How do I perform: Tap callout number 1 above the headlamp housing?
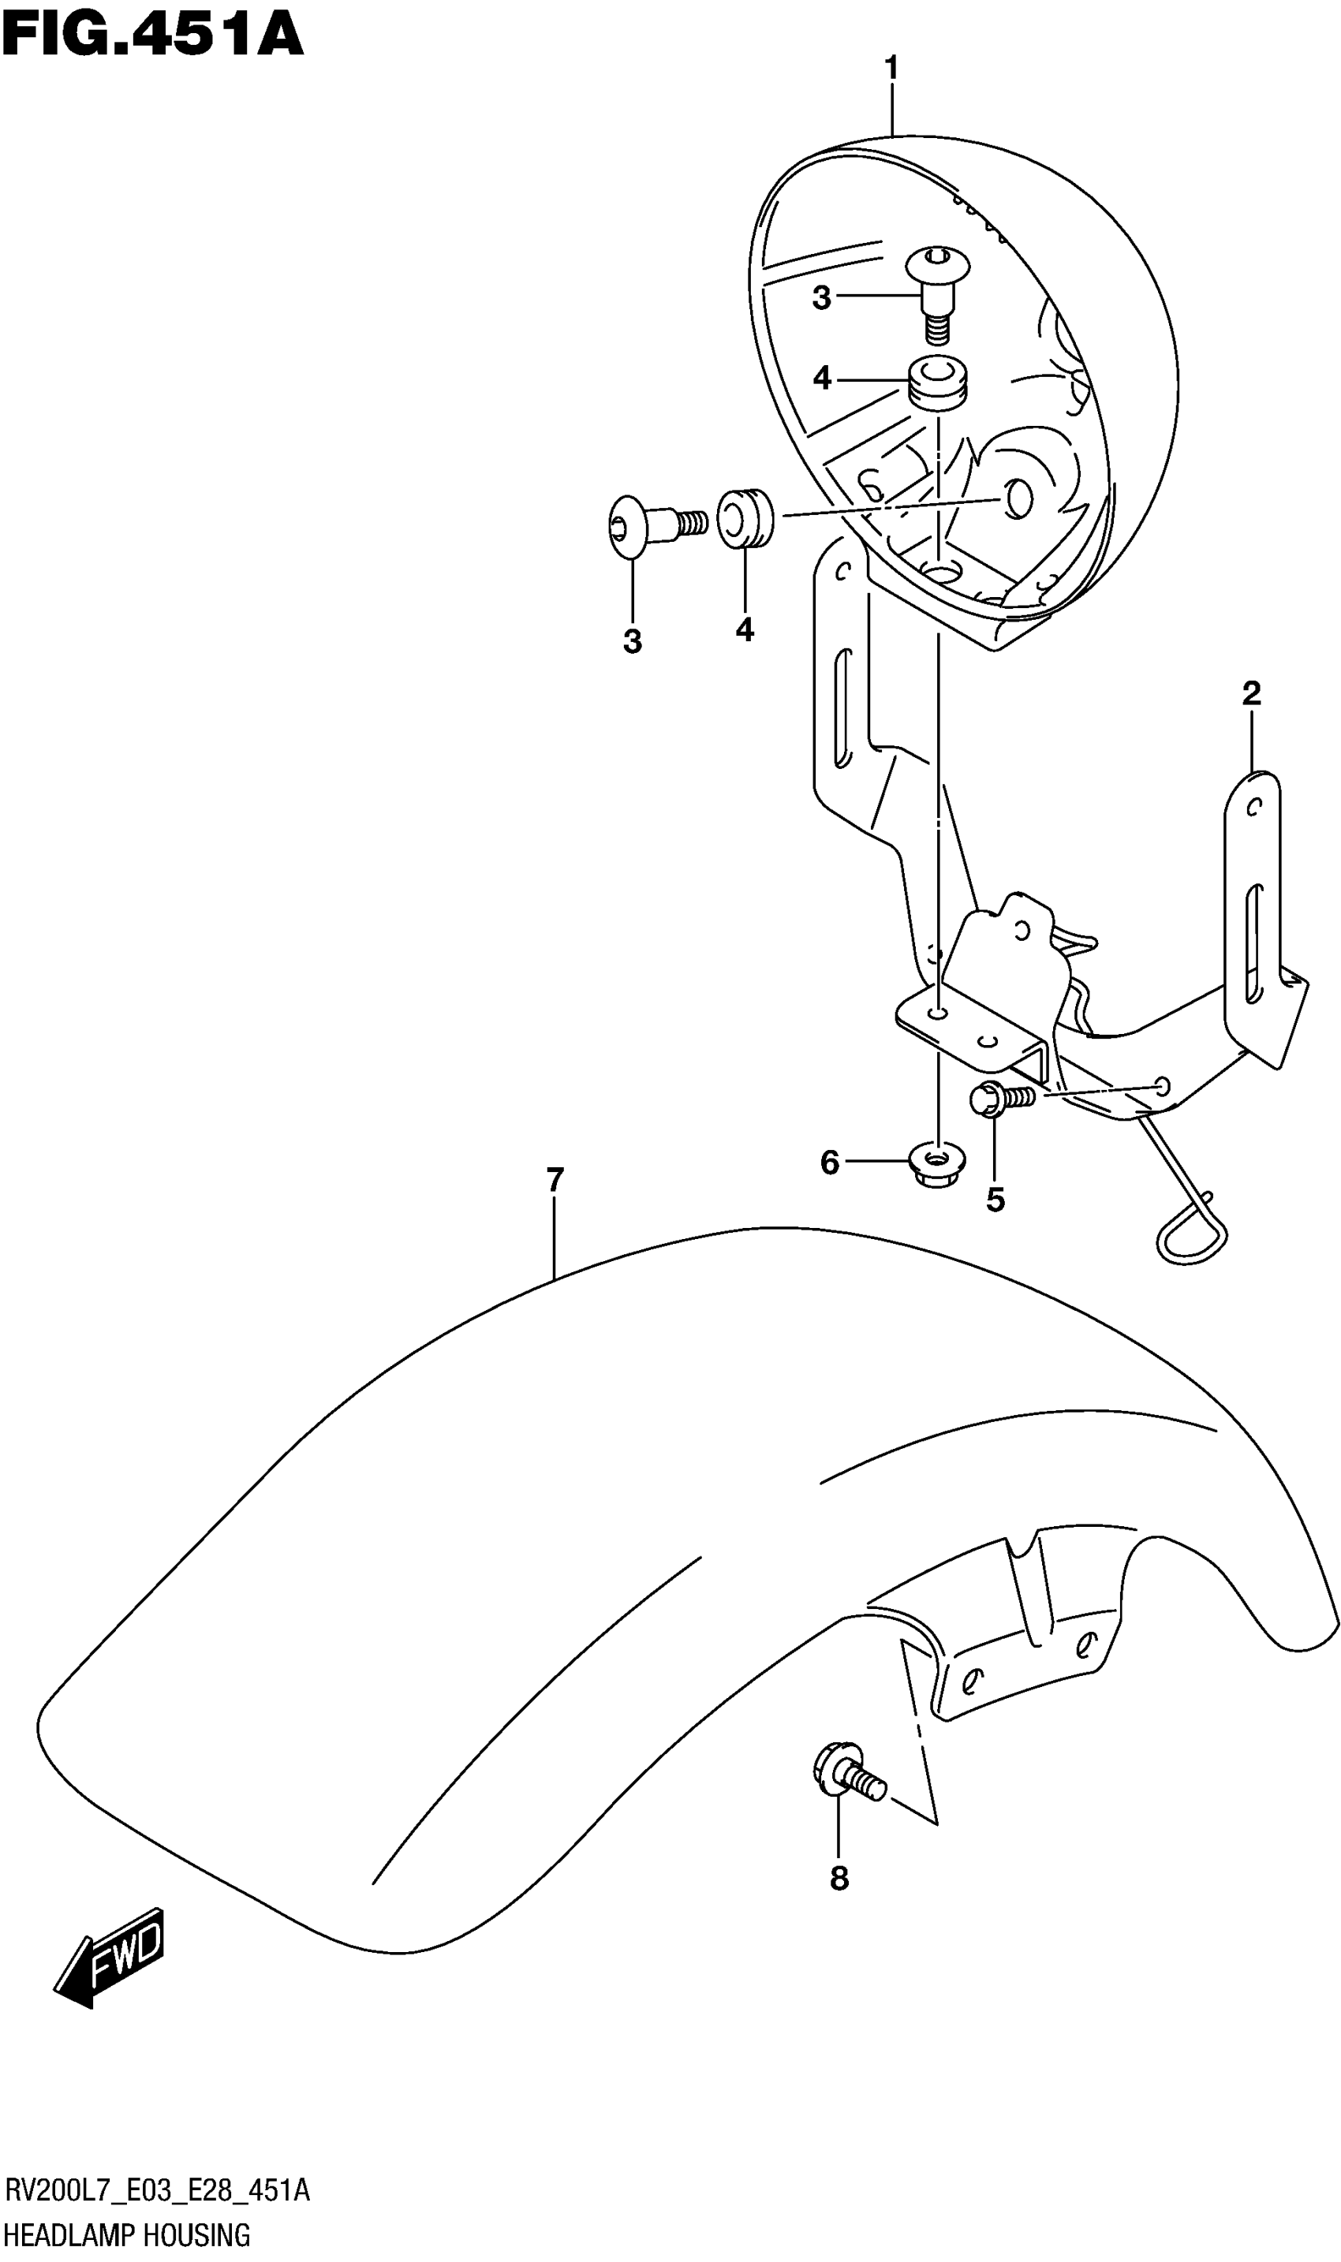click(x=891, y=69)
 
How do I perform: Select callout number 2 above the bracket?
click(x=1250, y=694)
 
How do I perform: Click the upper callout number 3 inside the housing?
click(x=821, y=298)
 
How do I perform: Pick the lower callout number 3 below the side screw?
click(x=633, y=641)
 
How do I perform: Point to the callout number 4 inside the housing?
click(x=821, y=378)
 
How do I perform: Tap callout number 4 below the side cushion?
click(x=745, y=629)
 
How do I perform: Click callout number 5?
click(x=995, y=1200)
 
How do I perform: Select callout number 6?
click(x=830, y=1163)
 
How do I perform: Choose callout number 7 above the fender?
click(x=555, y=1180)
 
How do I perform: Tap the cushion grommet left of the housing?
click(x=745, y=517)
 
